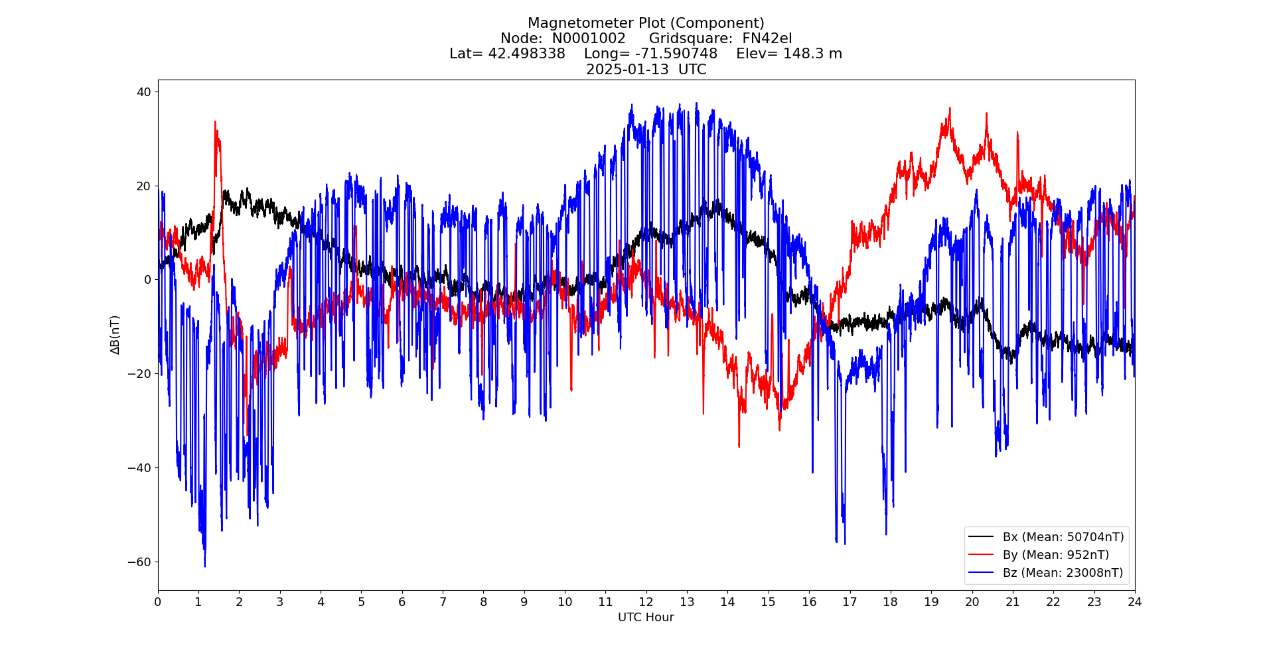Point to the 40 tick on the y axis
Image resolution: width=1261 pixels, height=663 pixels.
(x=144, y=91)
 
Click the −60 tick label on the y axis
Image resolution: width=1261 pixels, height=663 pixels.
(x=139, y=562)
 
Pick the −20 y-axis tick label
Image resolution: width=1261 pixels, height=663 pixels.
(x=139, y=374)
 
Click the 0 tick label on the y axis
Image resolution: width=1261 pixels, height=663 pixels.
(x=147, y=280)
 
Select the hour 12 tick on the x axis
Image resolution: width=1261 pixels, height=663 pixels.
(x=646, y=602)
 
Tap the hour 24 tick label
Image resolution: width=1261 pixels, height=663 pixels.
(x=1134, y=602)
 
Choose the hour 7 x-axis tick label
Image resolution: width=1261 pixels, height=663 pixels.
(x=443, y=602)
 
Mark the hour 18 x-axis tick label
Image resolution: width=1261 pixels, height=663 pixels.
(x=890, y=602)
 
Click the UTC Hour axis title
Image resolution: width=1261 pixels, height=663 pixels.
(x=646, y=617)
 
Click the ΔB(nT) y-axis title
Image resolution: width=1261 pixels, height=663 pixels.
(x=115, y=335)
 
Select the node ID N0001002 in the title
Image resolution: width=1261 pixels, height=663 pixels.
(x=589, y=38)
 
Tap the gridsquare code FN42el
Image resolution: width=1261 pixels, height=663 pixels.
(x=767, y=38)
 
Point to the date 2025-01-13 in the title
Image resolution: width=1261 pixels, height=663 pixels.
(x=627, y=70)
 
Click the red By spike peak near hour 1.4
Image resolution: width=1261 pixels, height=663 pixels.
(x=215, y=122)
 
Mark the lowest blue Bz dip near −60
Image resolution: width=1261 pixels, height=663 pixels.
(x=205, y=566)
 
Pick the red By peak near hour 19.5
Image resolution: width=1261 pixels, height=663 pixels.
(x=950, y=108)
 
